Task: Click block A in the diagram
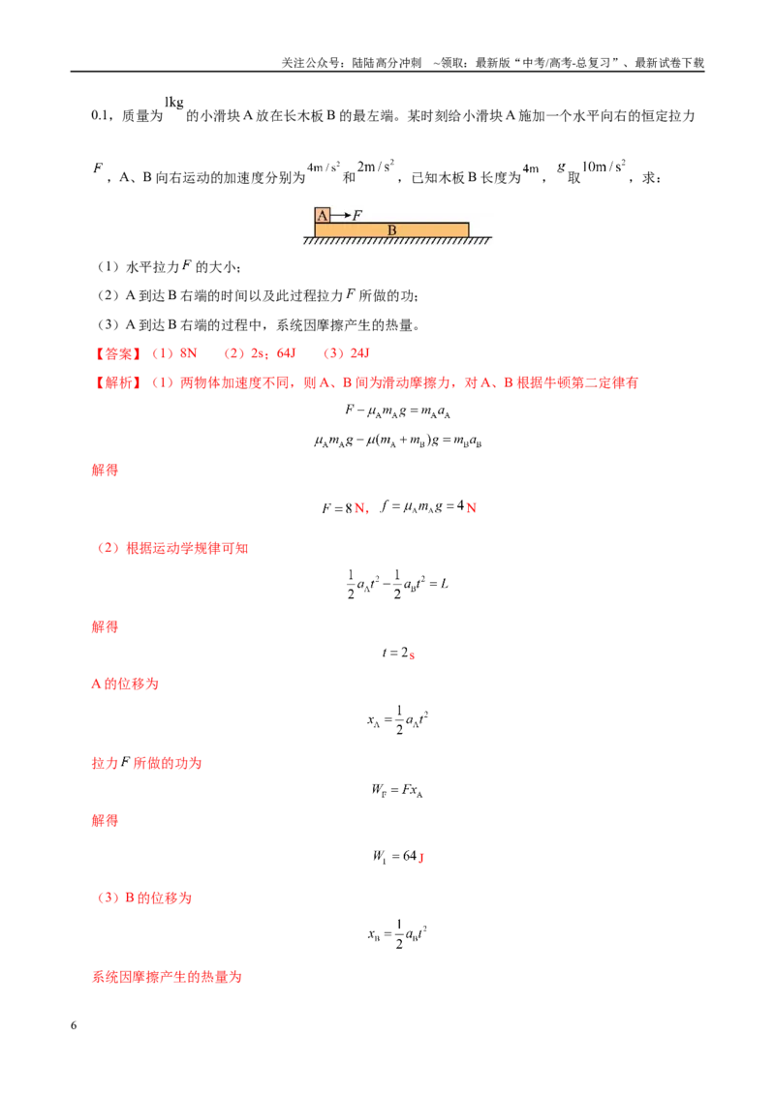click(x=323, y=215)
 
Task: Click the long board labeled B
click(x=391, y=230)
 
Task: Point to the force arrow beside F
click(x=341, y=215)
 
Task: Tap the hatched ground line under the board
click(x=397, y=240)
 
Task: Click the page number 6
click(x=74, y=1025)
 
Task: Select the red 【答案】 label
click(x=118, y=353)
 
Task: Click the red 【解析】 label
click(x=118, y=383)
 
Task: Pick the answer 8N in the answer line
click(x=188, y=353)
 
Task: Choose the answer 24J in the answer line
click(x=359, y=353)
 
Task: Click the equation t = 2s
click(x=398, y=653)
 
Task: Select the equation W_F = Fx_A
click(x=397, y=791)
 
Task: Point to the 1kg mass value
click(x=174, y=102)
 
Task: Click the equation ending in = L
click(x=397, y=585)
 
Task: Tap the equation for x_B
click(x=397, y=934)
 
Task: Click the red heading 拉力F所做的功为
click(x=147, y=763)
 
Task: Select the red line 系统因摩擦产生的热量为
click(x=167, y=977)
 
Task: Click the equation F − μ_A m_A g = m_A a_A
click(x=397, y=411)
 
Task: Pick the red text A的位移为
click(x=125, y=684)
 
